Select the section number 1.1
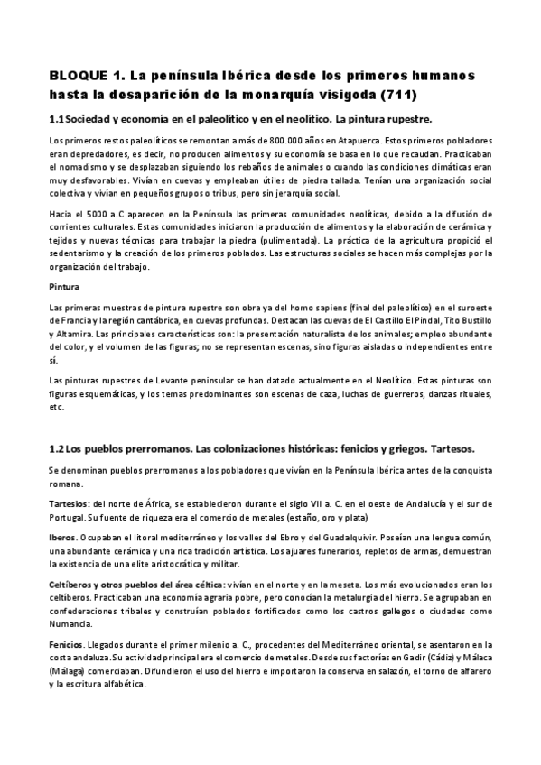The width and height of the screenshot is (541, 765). tap(56, 119)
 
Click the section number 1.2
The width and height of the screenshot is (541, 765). tap(56, 448)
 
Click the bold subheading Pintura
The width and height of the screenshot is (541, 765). tap(62, 286)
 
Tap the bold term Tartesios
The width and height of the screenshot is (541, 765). tap(69, 502)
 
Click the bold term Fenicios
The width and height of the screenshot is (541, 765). tap(66, 644)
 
